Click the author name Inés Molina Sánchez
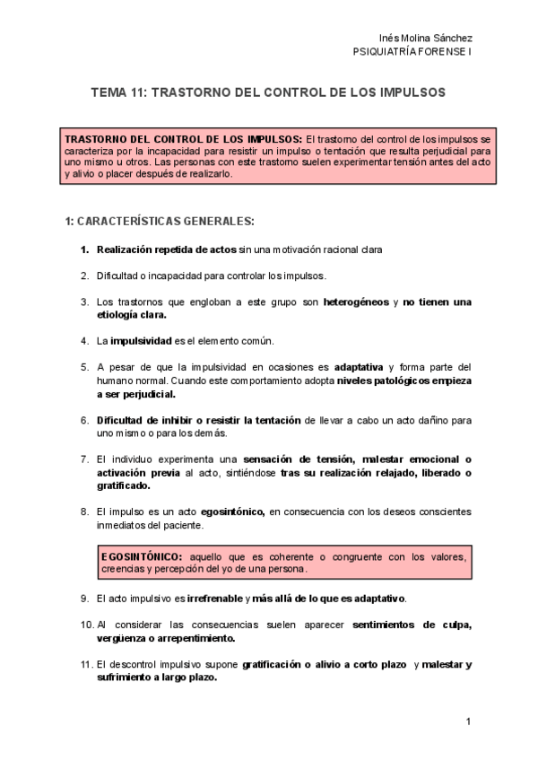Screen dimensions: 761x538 (x=427, y=38)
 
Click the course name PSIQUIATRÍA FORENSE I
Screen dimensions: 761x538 (x=413, y=52)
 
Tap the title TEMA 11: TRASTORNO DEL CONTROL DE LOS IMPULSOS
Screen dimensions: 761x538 (x=268, y=92)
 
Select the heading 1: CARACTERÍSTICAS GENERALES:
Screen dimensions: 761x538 (x=160, y=221)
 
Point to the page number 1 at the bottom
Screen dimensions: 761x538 (x=468, y=722)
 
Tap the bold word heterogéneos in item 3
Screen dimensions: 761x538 (x=356, y=302)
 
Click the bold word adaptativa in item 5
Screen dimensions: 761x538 (x=359, y=367)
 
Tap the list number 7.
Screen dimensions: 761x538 (x=84, y=459)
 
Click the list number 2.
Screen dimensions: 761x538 (x=84, y=276)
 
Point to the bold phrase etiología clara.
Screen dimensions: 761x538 (x=132, y=315)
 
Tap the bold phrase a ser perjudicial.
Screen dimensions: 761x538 (x=136, y=394)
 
